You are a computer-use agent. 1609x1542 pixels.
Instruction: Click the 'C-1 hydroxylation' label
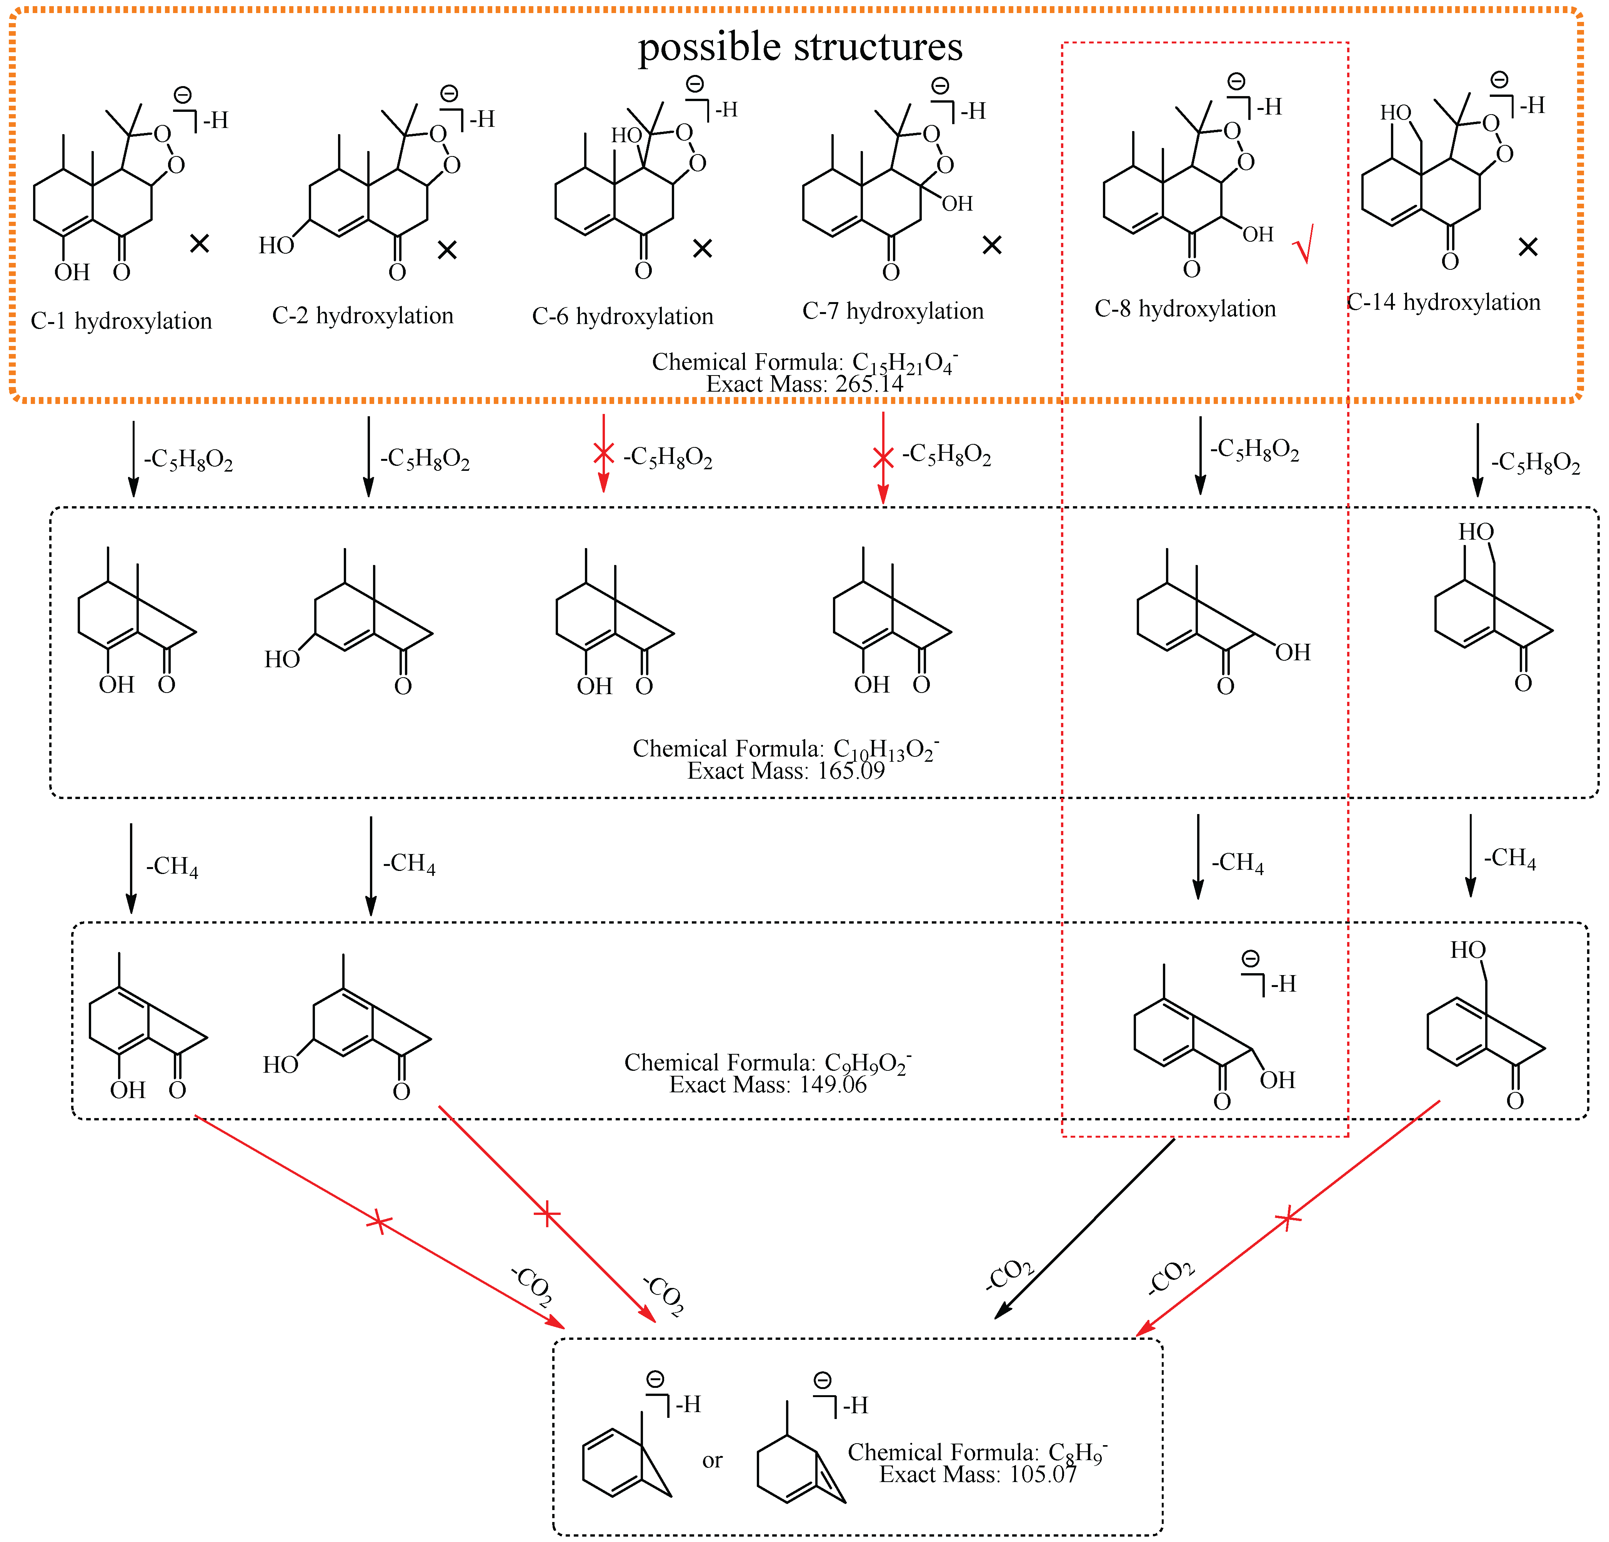pos(122,321)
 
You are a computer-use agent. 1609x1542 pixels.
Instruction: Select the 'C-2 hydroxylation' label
pos(363,316)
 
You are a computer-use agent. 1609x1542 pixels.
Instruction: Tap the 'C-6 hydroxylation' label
pos(623,317)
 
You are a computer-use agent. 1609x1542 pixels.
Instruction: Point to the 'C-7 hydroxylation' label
pos(893,311)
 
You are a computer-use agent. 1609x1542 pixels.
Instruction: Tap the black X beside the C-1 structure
pos(200,243)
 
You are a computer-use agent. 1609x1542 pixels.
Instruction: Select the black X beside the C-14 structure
pos(1528,246)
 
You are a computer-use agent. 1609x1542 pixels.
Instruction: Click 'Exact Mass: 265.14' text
pos(804,384)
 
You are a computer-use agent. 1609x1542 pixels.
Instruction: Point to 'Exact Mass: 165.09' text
pos(786,771)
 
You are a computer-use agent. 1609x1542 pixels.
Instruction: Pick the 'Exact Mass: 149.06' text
pos(768,1085)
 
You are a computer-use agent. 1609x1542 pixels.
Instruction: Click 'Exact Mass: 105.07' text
pos(978,1475)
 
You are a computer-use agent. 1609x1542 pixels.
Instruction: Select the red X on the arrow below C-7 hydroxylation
pos(883,457)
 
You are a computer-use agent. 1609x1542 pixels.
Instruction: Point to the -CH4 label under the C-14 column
pos(1510,858)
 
